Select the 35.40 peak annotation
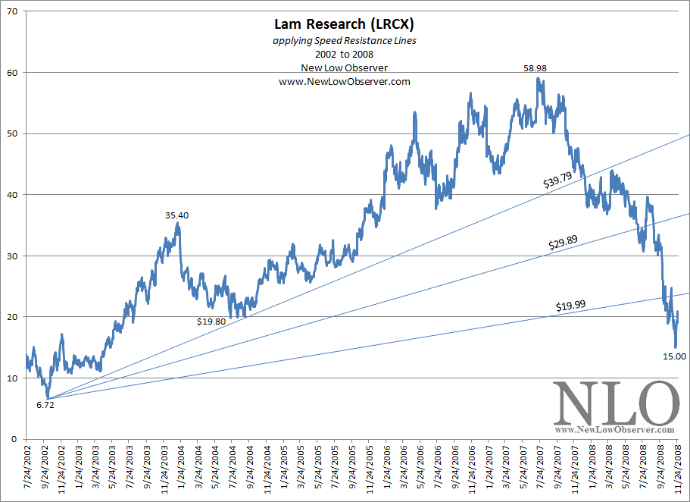(x=176, y=215)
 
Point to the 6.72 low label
(x=45, y=405)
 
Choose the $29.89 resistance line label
(x=563, y=243)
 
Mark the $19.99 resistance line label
(x=570, y=306)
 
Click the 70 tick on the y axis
(x=14, y=11)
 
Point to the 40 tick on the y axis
(x=14, y=195)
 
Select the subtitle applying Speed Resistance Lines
(x=345, y=42)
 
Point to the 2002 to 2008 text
(x=345, y=55)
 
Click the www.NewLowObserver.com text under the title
(x=345, y=82)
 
